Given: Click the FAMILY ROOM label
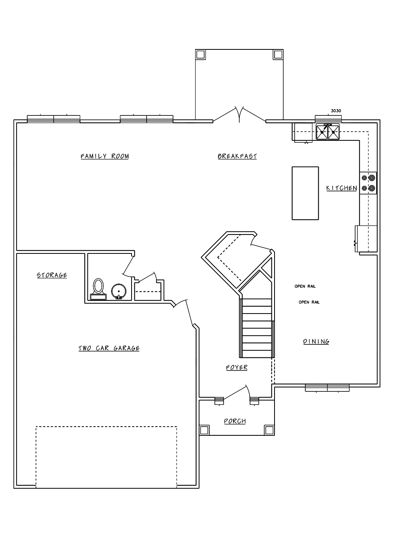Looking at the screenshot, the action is [105, 156].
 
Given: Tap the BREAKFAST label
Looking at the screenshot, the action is [237, 156].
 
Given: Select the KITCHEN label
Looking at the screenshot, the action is [341, 188].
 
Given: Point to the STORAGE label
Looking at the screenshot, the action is [52, 275].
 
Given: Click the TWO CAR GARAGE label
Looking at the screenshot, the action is [109, 348].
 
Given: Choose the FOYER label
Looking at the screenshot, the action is [237, 367].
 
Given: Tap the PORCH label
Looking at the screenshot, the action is [235, 421].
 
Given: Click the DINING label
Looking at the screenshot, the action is [316, 342].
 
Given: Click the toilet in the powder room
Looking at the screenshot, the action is [98, 289].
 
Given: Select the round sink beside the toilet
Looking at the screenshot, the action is [119, 292].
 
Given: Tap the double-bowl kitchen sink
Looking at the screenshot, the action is [328, 132].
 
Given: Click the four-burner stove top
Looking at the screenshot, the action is [368, 183].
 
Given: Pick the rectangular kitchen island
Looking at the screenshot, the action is [305, 193].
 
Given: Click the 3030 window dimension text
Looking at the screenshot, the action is [336, 111].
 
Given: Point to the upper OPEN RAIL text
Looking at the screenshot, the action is [305, 286].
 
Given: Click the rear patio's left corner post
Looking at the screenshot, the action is [200, 55].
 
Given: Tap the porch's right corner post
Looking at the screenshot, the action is [269, 430].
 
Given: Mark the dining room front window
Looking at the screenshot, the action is [327, 388].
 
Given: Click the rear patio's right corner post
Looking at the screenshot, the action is [278, 55].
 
